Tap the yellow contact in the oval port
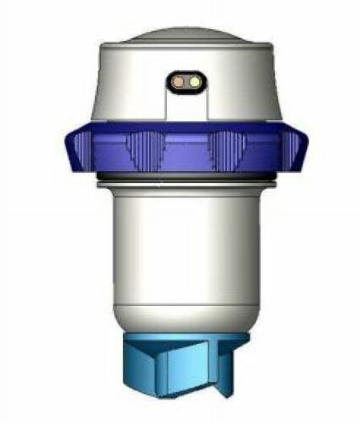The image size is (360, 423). (194, 82)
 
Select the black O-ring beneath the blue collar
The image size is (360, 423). (186, 176)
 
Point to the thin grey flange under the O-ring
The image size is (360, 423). (186, 184)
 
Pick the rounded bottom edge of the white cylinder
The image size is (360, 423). (186, 324)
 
